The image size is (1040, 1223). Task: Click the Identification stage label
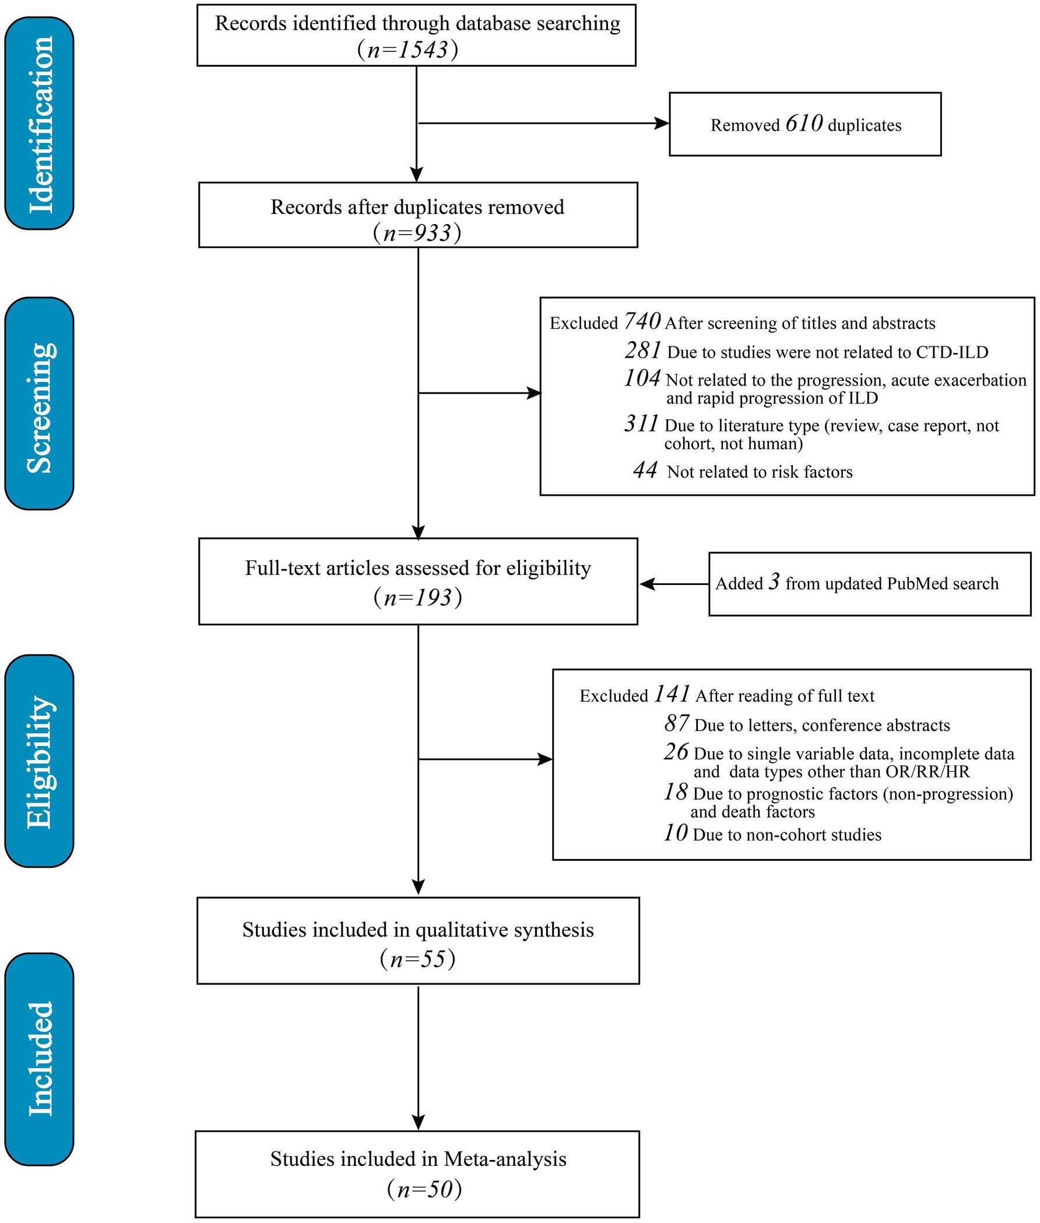41,124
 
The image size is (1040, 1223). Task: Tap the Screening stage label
41,408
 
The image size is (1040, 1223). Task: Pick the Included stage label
41,1059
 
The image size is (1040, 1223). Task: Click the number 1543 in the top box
423,50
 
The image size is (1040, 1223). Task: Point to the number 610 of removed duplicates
804,123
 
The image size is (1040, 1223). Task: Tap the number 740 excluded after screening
642,321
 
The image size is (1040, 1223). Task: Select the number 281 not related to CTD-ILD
643,351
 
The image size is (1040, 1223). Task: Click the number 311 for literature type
641,424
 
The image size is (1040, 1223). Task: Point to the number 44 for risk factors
645,470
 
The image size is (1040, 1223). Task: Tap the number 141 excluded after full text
672,694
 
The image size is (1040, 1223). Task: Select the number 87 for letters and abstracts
676,723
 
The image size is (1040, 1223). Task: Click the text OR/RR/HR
928,772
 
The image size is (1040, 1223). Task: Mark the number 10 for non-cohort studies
676,833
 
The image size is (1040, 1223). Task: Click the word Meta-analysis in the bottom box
505,1159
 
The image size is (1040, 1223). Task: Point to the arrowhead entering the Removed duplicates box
663,123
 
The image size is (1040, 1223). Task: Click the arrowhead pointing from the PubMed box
647,584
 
